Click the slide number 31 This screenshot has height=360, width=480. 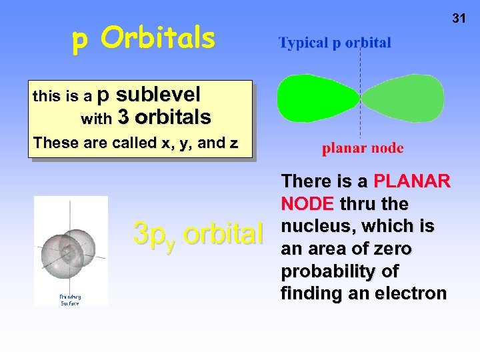pos(459,19)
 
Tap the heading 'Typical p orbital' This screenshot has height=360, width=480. pos(335,43)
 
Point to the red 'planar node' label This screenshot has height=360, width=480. pos(363,148)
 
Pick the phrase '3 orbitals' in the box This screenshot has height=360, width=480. pos(164,118)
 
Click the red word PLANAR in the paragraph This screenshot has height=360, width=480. pos(412,181)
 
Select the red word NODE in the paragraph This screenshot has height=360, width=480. pos(309,203)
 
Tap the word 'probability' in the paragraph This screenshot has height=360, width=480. pos(329,272)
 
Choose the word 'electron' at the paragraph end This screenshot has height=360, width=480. pos(409,294)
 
